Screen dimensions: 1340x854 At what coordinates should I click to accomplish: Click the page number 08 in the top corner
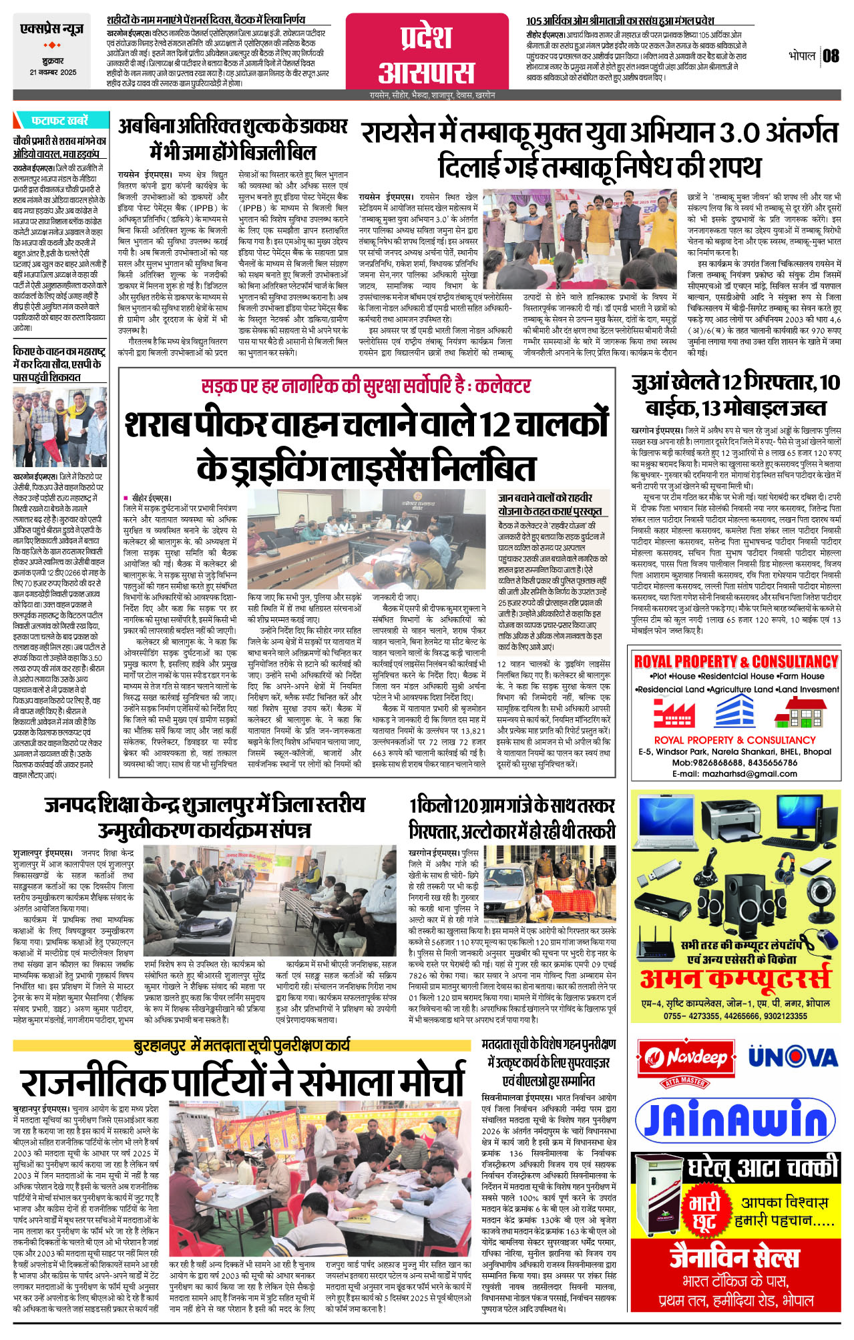point(831,55)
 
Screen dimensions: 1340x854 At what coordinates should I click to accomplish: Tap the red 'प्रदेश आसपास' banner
point(427,54)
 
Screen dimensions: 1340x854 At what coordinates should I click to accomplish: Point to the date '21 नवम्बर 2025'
point(53,72)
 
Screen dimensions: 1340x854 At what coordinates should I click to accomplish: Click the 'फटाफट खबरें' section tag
point(59,121)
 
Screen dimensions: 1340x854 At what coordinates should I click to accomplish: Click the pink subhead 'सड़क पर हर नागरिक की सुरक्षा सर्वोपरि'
point(366,386)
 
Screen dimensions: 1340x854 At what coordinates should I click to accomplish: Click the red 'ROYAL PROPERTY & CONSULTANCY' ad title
point(735,661)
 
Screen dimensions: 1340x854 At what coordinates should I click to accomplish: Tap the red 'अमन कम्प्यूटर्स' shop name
point(735,979)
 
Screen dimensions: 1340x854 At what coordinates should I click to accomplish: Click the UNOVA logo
point(793,1057)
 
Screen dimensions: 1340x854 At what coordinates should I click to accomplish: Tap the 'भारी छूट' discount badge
point(705,1212)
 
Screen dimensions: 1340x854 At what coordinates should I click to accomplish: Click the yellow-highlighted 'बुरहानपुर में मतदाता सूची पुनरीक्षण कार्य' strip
point(242,1046)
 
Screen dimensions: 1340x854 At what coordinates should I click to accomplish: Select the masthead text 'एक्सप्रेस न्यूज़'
point(52,29)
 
